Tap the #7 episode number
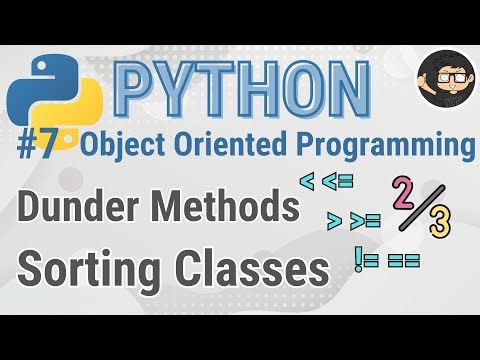(43, 147)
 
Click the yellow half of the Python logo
(59, 110)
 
